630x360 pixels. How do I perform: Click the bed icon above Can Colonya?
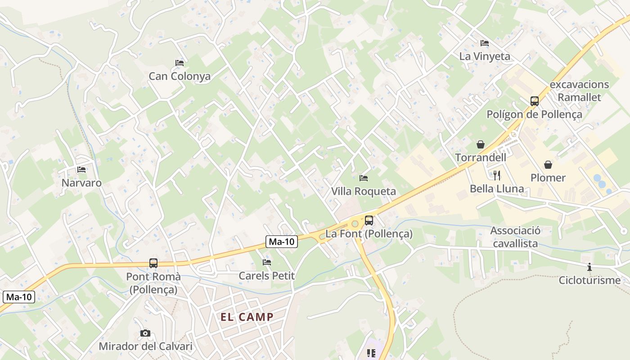(x=180, y=63)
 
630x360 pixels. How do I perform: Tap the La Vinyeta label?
(x=485, y=56)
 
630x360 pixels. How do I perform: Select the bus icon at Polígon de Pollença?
(x=535, y=101)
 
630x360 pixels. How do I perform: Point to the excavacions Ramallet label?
(x=579, y=90)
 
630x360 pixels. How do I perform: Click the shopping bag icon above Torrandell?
(x=481, y=144)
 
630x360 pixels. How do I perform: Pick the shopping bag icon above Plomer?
(x=548, y=165)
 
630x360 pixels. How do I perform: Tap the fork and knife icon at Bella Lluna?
(x=497, y=175)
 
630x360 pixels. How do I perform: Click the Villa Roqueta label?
(x=364, y=191)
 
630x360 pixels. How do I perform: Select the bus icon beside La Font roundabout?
(x=369, y=220)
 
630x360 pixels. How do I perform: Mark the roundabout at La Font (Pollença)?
(x=355, y=223)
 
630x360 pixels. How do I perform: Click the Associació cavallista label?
(x=515, y=237)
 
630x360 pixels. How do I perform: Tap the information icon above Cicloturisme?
(x=589, y=267)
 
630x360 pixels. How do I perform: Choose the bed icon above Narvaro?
(x=81, y=170)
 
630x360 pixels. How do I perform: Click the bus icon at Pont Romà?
(x=153, y=263)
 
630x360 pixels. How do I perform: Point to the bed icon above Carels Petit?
(x=267, y=262)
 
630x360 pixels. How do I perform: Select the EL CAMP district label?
(x=247, y=317)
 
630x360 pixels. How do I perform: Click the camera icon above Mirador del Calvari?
(x=145, y=333)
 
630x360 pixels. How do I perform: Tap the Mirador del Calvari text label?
(x=145, y=346)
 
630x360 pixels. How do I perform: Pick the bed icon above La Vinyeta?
(x=485, y=43)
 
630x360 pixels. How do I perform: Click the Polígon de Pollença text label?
(x=534, y=114)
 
